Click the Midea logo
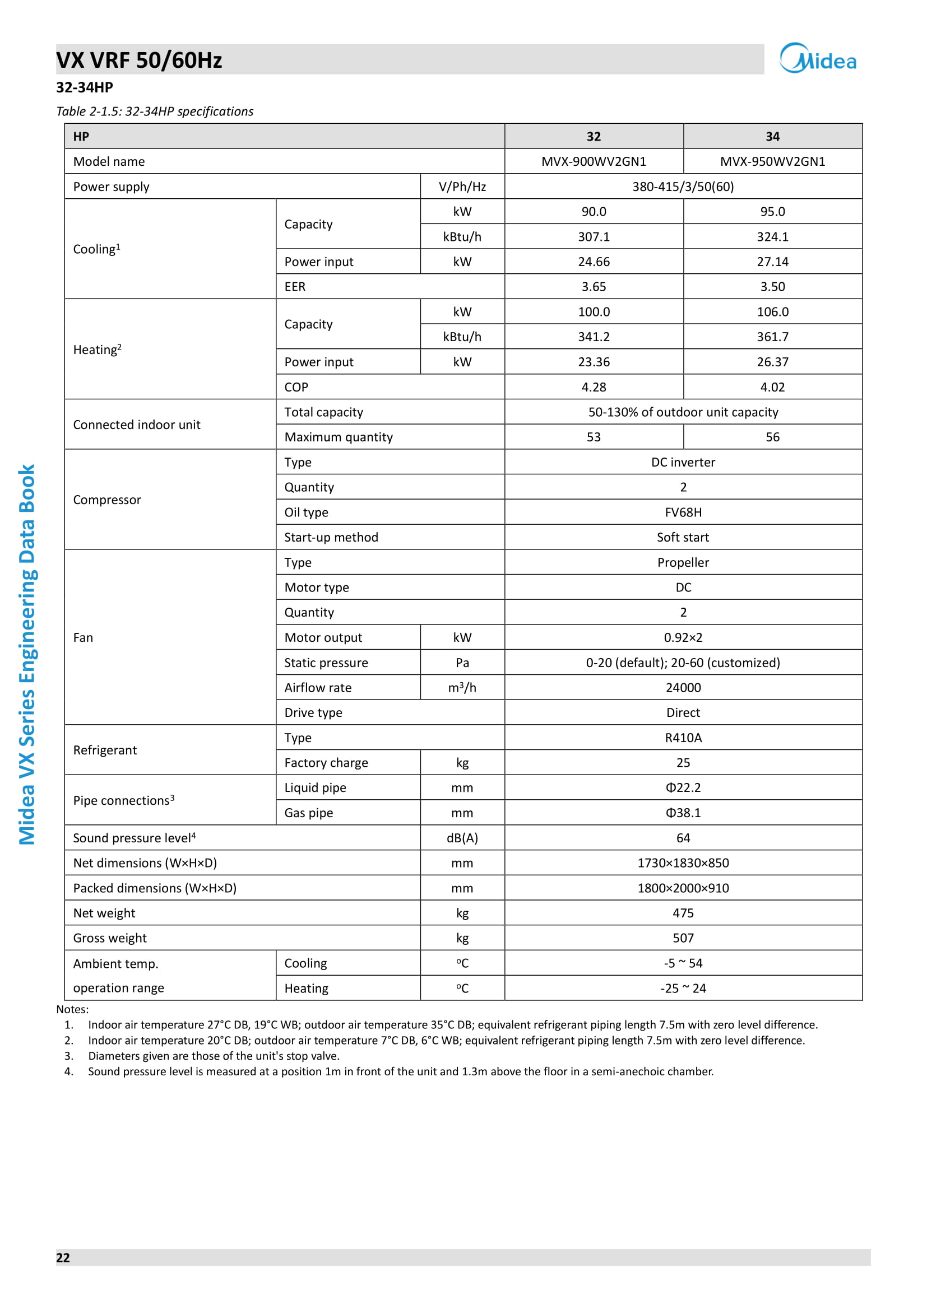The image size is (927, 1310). [x=817, y=59]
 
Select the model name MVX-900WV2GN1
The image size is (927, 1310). [x=594, y=161]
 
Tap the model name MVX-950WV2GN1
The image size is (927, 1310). [x=772, y=161]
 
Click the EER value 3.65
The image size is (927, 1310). [x=594, y=286]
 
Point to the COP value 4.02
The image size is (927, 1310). [x=772, y=387]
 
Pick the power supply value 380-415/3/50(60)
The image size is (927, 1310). [x=683, y=187]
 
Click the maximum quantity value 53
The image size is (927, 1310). [x=594, y=437]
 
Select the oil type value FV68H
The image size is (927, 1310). [x=683, y=512]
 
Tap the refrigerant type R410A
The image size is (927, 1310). [x=683, y=738]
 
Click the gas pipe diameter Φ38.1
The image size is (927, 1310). [x=683, y=813]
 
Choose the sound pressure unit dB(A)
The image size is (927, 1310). [x=462, y=837]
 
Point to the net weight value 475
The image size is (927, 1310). [x=683, y=913]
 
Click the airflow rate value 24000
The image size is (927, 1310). [x=683, y=688]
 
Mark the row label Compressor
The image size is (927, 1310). [x=106, y=500]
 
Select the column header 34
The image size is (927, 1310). [x=772, y=136]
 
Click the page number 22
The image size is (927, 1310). [x=63, y=1257]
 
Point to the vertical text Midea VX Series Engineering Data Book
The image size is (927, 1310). [x=27, y=654]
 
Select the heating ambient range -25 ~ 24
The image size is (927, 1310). [x=683, y=988]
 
